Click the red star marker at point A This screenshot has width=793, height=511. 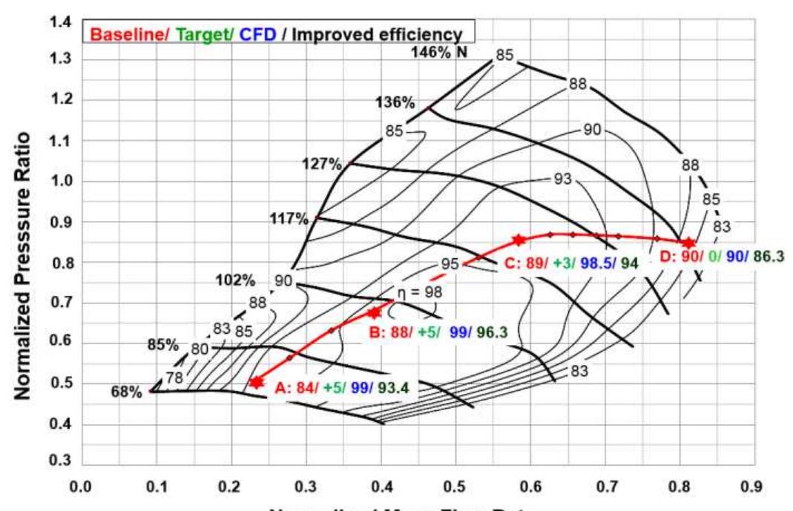(x=257, y=382)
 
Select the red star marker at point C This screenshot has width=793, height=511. (x=519, y=240)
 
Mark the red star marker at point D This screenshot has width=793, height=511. (x=688, y=243)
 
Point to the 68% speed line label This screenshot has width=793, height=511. (x=126, y=392)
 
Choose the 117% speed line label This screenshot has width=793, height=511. (x=289, y=219)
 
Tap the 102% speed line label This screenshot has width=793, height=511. (x=236, y=281)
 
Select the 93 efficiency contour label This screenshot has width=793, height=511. (x=564, y=179)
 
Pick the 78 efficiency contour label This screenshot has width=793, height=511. (x=173, y=378)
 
